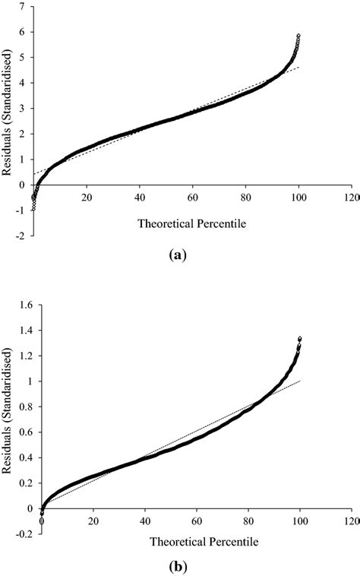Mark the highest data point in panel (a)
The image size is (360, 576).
(298, 36)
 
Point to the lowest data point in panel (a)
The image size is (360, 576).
(33, 206)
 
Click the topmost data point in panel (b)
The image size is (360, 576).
(299, 338)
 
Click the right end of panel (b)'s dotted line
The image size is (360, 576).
(300, 381)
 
